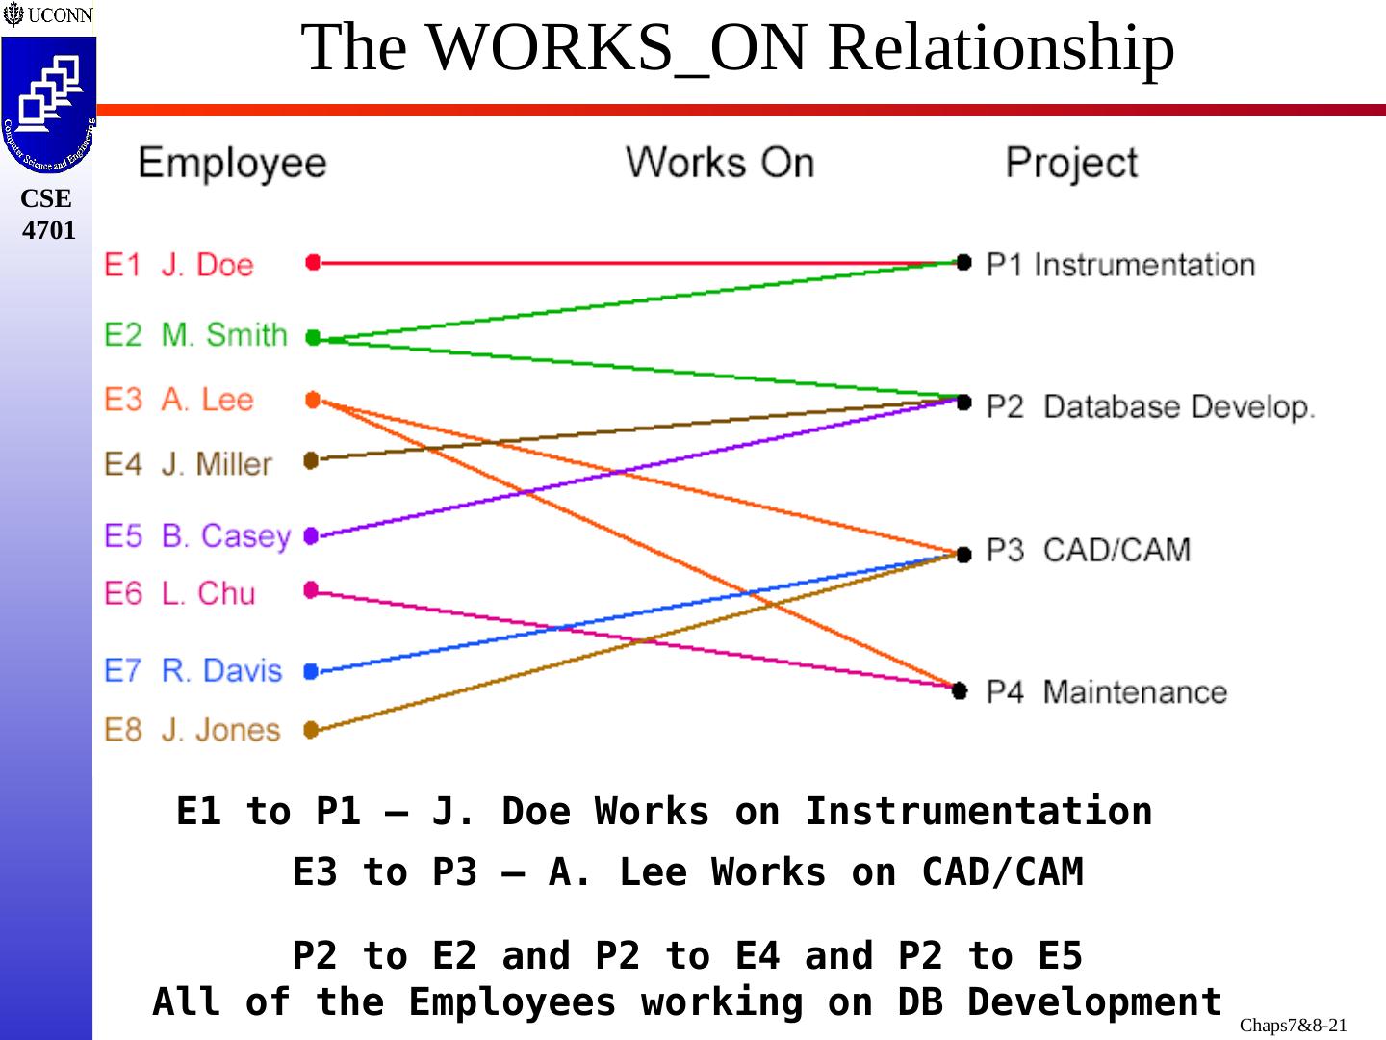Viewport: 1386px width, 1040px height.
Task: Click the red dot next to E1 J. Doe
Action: click(312, 262)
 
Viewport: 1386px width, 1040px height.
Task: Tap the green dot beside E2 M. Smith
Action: click(313, 337)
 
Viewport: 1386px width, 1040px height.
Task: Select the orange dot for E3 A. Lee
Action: click(313, 400)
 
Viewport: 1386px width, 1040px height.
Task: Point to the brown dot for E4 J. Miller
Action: click(311, 460)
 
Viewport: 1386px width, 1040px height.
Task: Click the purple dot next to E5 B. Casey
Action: click(311, 536)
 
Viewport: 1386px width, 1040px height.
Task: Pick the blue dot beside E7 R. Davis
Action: click(310, 671)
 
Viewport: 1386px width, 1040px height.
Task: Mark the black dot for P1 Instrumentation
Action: click(963, 262)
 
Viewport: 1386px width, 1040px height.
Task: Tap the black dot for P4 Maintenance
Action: click(960, 690)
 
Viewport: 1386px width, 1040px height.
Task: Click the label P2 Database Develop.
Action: click(1149, 406)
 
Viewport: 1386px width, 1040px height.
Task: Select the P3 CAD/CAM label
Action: click(1088, 550)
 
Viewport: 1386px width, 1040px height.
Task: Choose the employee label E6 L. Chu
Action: click(180, 593)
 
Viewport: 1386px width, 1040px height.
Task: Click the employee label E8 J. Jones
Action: click(192, 730)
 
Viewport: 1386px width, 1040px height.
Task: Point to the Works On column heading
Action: click(719, 162)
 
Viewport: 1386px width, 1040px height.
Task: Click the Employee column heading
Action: click(232, 162)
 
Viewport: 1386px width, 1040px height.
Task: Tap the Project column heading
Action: click(1071, 162)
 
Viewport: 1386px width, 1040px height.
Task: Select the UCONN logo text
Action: click(60, 15)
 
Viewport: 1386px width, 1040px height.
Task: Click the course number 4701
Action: click(48, 230)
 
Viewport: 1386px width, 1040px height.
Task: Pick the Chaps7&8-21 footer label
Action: click(1293, 1025)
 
